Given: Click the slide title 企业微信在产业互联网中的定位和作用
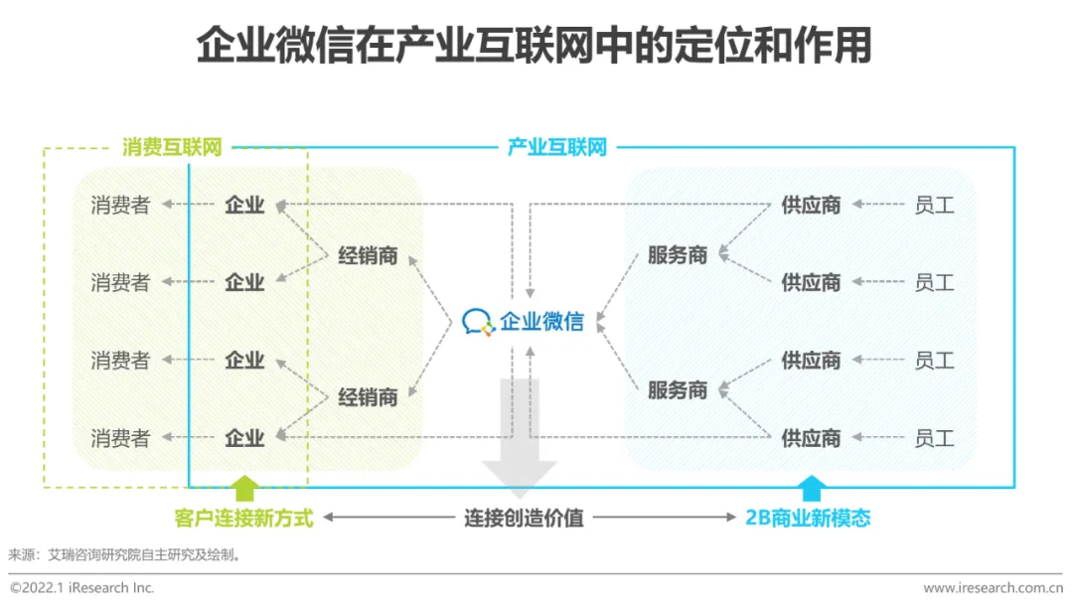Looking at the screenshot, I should [x=534, y=45].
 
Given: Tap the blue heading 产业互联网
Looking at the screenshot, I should [x=556, y=148].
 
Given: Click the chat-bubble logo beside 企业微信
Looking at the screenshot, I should [x=479, y=321].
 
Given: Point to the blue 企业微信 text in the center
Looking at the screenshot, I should [x=541, y=321].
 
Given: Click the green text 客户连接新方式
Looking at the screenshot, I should [x=243, y=518].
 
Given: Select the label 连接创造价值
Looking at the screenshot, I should [x=524, y=518].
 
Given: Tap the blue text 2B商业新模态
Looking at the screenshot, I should [x=808, y=518].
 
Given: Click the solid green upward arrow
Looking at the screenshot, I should [x=244, y=488].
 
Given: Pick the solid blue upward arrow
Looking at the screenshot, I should [x=812, y=488].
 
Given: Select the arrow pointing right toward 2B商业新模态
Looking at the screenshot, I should [x=666, y=518].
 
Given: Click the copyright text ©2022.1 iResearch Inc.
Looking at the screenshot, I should [x=82, y=588].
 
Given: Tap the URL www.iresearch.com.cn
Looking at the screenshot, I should [x=993, y=588].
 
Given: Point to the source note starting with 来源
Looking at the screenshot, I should [x=124, y=555].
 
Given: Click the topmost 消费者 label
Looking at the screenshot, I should [x=120, y=206].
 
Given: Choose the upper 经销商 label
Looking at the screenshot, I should [x=368, y=256].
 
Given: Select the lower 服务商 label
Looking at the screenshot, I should [x=678, y=390].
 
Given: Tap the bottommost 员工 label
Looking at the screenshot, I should [x=934, y=437].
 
